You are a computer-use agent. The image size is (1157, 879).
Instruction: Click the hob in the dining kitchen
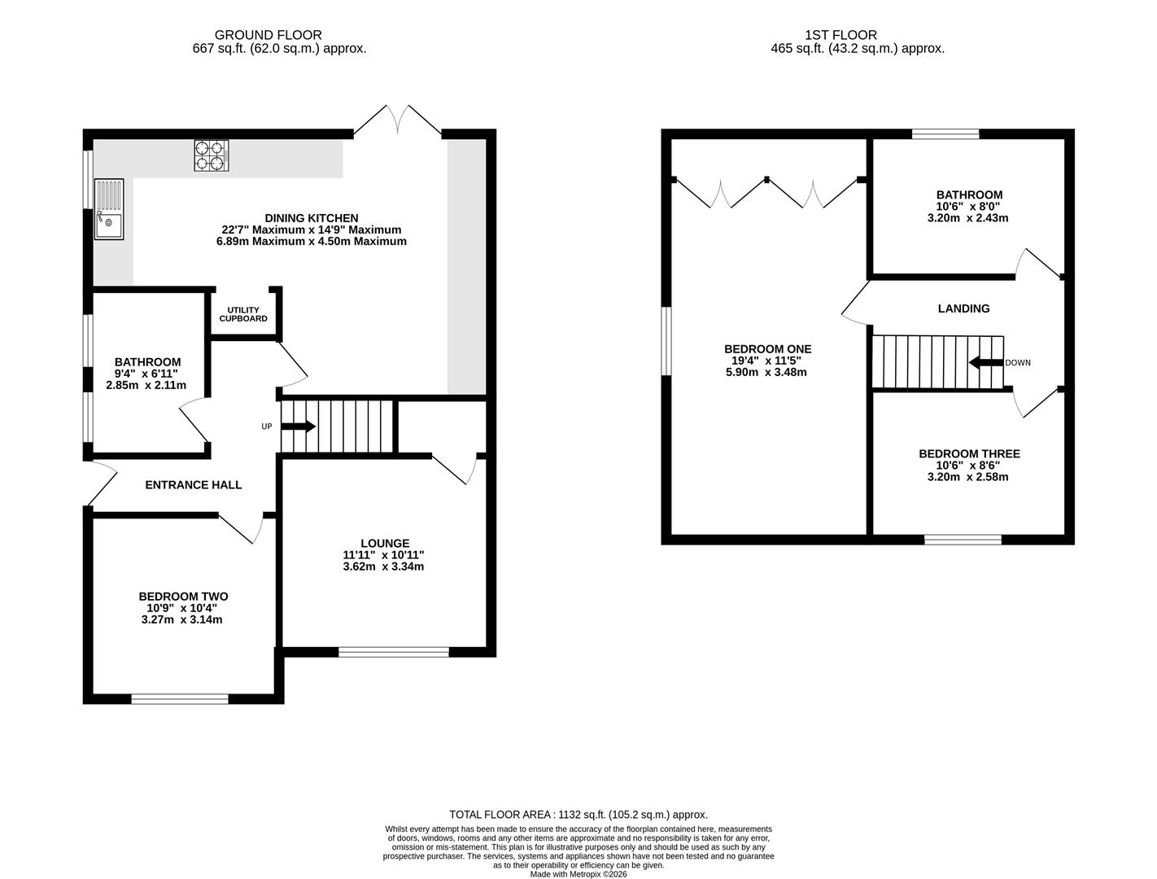pyautogui.click(x=211, y=155)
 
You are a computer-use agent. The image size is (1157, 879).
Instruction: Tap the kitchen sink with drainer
pyautogui.click(x=109, y=209)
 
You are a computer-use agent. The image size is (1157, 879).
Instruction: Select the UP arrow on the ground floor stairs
pyautogui.click(x=298, y=426)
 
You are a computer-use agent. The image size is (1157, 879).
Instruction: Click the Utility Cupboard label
pyautogui.click(x=243, y=314)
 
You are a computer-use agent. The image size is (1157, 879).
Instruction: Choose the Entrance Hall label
pyautogui.click(x=194, y=485)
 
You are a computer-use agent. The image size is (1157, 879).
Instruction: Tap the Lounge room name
pyautogui.click(x=385, y=543)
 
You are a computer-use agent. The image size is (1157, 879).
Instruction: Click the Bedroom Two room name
pyautogui.click(x=183, y=597)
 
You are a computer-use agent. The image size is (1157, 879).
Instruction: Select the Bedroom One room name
pyautogui.click(x=767, y=348)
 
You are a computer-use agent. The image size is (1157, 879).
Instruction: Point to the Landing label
pyautogui.click(x=963, y=308)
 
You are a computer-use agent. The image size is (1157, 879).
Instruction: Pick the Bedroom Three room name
pyautogui.click(x=969, y=453)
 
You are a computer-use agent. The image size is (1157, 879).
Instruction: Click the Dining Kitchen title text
pyautogui.click(x=312, y=218)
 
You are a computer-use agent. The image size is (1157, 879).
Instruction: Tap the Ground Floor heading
pyautogui.click(x=268, y=35)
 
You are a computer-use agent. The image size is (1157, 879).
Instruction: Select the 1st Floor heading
pyautogui.click(x=840, y=35)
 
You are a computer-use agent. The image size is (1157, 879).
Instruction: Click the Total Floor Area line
pyautogui.click(x=578, y=815)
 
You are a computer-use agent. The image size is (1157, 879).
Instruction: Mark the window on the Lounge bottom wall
pyautogui.click(x=393, y=652)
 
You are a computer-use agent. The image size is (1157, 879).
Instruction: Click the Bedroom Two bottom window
pyautogui.click(x=180, y=698)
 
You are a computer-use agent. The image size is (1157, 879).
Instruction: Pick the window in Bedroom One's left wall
pyautogui.click(x=666, y=341)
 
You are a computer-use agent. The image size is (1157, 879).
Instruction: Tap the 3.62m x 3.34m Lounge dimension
pyautogui.click(x=383, y=566)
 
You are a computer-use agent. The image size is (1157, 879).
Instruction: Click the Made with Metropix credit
pyautogui.click(x=578, y=874)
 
